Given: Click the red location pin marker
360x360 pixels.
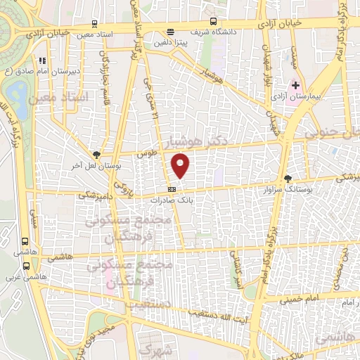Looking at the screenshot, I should pos(181,165).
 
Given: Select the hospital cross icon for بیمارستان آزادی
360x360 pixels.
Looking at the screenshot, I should pos(295,85).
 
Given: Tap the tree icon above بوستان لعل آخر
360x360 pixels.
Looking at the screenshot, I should pos(96,155).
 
